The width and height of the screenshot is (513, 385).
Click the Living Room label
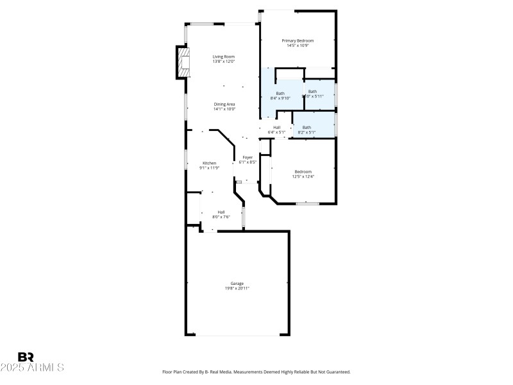224,56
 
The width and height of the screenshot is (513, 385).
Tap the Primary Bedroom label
298,40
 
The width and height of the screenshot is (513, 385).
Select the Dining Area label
224,104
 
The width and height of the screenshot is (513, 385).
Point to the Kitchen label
210,163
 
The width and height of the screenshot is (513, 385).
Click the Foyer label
248,157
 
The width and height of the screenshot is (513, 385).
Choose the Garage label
237,283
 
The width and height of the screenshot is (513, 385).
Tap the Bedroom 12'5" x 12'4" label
303,171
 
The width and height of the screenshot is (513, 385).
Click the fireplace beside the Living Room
184,62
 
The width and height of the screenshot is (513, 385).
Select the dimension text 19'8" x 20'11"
237,289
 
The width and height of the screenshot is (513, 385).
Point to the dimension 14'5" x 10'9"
298,46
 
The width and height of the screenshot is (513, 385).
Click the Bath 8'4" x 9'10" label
280,93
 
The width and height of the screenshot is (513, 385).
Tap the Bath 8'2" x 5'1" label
307,127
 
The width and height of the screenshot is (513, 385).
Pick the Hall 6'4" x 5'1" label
276,127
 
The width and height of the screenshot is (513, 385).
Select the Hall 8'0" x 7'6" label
221,212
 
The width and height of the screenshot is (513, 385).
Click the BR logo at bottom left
26,357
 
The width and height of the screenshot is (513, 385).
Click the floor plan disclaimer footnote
256,372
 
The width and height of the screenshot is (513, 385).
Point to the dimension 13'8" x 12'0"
224,62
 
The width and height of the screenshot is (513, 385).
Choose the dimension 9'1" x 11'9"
210,168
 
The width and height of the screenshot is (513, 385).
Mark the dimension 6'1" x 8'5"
248,162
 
